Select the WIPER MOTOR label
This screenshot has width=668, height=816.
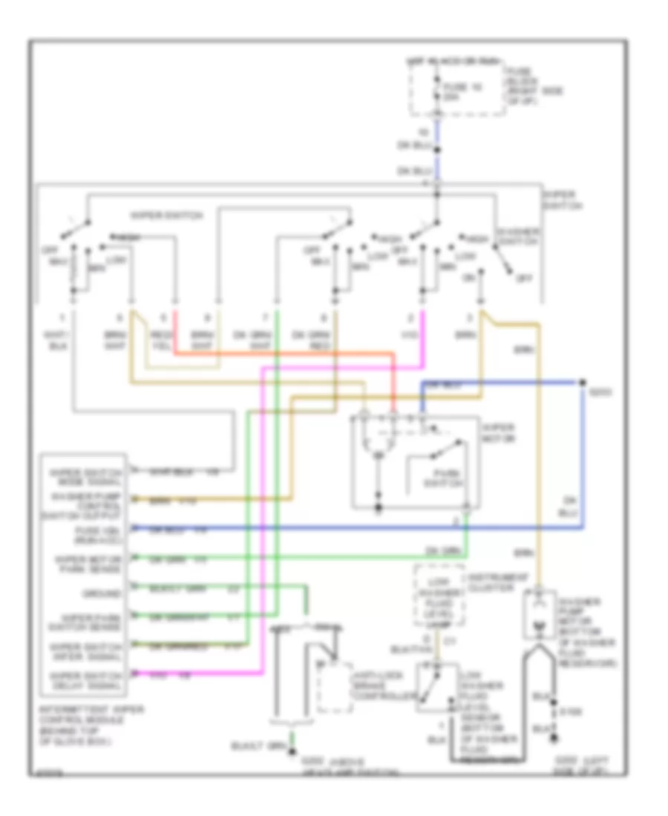(498, 434)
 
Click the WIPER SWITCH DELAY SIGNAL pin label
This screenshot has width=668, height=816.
(84, 679)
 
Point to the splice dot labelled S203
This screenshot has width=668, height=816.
(580, 383)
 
